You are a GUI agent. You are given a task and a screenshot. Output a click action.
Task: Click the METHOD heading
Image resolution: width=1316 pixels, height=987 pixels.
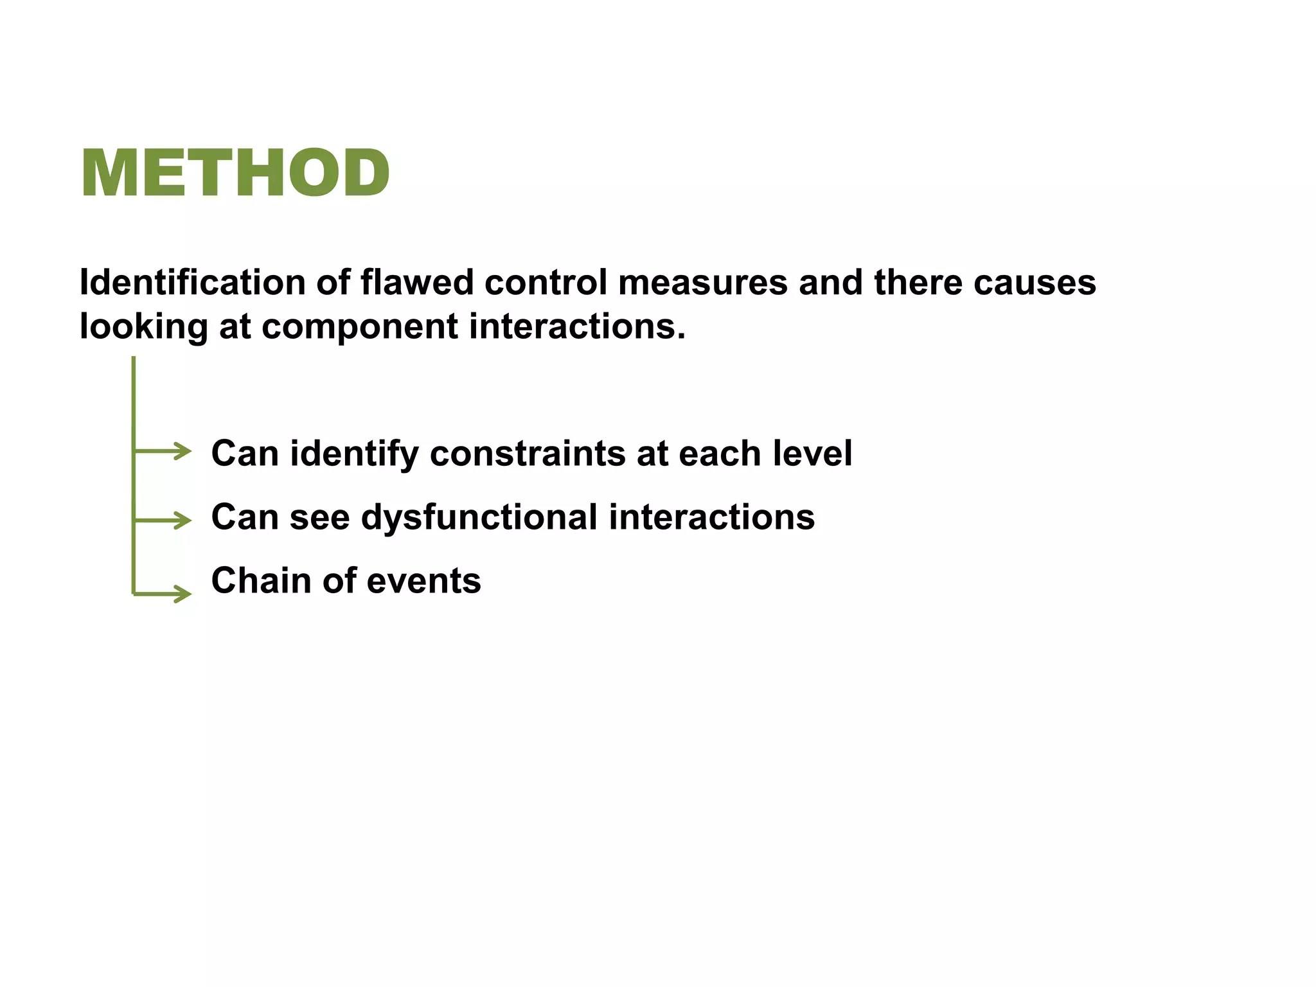pos(235,173)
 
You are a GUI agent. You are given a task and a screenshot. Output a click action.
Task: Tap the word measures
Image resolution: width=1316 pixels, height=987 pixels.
pos(702,283)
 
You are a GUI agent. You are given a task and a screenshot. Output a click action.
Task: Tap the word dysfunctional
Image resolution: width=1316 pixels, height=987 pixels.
pos(479,517)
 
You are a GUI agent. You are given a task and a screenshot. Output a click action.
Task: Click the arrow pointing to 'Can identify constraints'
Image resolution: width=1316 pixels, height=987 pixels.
pos(164,451)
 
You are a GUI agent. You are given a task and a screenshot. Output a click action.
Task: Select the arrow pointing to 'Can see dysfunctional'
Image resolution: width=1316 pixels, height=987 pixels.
pos(164,520)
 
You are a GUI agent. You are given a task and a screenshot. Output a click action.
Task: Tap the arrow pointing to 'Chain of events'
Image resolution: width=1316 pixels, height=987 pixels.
pos(164,594)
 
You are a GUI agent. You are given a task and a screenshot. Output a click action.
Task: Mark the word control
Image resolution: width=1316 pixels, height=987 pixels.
pos(546,283)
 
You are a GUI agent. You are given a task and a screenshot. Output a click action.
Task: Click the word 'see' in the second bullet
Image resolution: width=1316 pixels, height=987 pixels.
pos(319,517)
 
